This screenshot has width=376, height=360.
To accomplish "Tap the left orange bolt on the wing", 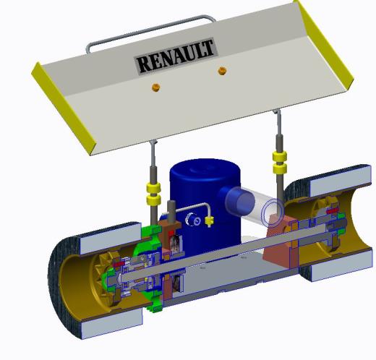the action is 156,87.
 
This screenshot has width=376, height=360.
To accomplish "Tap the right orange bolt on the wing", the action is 222,71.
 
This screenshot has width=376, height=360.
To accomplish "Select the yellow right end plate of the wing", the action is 324,43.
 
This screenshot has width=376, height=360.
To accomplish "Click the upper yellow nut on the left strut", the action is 154,187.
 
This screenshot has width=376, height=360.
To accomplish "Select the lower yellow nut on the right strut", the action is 280,168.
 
